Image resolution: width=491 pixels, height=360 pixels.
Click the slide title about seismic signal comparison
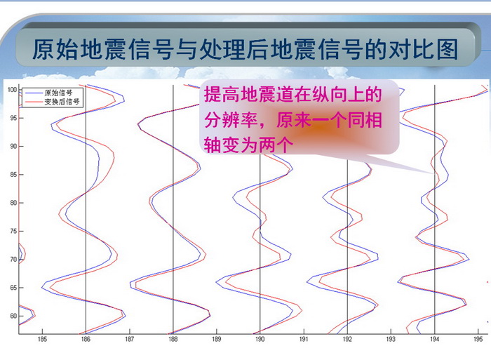coord(245,50)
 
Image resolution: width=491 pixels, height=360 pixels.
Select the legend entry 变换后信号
coord(62,102)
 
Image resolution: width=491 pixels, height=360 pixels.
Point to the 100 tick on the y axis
coord(12,90)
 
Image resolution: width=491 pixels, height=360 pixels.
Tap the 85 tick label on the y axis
coord(13,175)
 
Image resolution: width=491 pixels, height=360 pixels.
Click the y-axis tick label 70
coord(13,260)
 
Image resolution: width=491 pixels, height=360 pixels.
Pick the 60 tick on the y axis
coord(13,316)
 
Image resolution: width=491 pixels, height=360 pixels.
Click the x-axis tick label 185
coord(42,339)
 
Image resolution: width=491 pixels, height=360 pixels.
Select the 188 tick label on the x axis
coord(173,339)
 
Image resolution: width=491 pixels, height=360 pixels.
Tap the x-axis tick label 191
coord(304,339)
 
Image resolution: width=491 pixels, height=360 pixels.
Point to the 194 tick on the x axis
coord(434,339)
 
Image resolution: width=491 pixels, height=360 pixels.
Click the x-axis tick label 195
coord(478,339)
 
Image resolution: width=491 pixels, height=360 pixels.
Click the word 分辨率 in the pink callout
coord(231,120)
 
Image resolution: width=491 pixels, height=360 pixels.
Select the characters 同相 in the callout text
coord(365,120)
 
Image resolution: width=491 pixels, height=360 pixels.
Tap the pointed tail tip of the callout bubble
coord(433,173)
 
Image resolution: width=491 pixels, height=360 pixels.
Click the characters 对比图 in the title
coord(424,50)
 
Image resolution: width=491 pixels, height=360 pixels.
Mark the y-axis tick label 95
coord(13,118)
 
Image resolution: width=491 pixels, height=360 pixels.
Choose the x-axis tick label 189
coord(216,339)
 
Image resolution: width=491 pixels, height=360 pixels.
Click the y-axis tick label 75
coord(13,231)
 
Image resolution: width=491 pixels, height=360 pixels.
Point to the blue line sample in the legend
coord(34,93)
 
